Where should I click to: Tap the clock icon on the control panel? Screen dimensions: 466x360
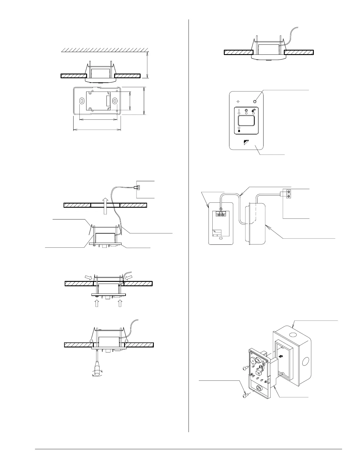pos(246,111)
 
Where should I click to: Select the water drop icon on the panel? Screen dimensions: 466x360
pos(239,131)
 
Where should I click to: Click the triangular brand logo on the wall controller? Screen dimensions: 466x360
pos(246,143)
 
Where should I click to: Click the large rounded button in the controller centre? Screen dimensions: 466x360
pos(246,121)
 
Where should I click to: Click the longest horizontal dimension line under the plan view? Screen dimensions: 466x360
pos(97,129)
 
